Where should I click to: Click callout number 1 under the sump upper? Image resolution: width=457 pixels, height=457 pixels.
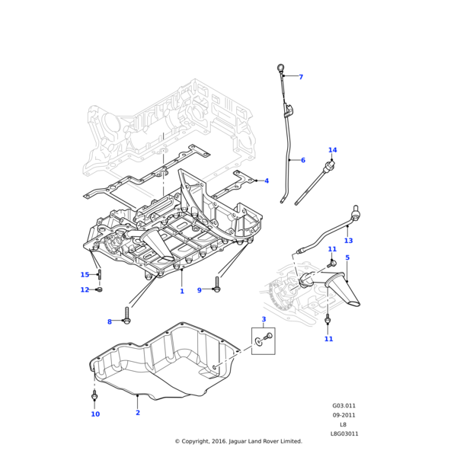182,292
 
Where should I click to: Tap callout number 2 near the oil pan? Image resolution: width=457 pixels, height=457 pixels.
138,413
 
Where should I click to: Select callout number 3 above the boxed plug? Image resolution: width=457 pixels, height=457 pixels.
264,319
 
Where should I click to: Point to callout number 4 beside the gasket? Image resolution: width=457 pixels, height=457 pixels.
267,181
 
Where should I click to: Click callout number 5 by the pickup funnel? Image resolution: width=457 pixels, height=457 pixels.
347,258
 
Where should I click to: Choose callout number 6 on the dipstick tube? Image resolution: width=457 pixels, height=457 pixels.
302,160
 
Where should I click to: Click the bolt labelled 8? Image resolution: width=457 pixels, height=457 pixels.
126,320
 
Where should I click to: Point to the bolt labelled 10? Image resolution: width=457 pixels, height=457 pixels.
94,398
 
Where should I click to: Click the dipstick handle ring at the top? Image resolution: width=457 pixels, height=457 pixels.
280,69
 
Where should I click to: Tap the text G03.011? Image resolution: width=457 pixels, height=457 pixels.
344,406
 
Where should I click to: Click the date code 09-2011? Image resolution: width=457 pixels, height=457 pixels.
344,415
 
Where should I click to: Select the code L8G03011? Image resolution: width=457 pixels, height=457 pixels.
344,433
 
